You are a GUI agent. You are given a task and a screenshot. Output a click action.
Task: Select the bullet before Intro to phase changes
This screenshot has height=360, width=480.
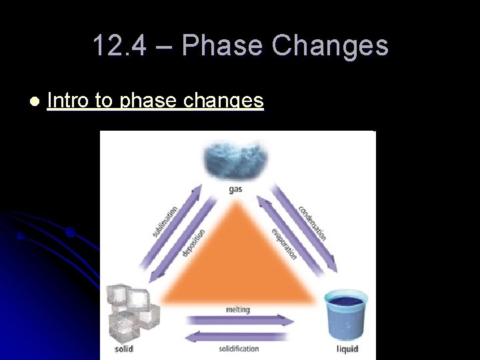(x=34, y=101)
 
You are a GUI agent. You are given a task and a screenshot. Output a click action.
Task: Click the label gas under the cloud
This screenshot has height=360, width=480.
(x=236, y=189)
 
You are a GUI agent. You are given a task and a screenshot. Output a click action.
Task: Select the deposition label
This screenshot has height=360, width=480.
(x=193, y=242)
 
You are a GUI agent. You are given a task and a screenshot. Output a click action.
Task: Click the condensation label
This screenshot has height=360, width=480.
(x=313, y=222)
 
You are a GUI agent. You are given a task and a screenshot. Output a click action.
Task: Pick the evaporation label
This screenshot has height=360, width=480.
(x=284, y=243)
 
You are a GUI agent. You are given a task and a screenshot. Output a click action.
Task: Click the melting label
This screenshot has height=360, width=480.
(x=238, y=309)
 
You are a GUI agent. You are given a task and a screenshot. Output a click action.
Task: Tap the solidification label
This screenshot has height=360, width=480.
(x=239, y=349)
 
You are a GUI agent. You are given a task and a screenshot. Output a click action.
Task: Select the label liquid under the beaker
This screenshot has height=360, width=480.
(x=347, y=349)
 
